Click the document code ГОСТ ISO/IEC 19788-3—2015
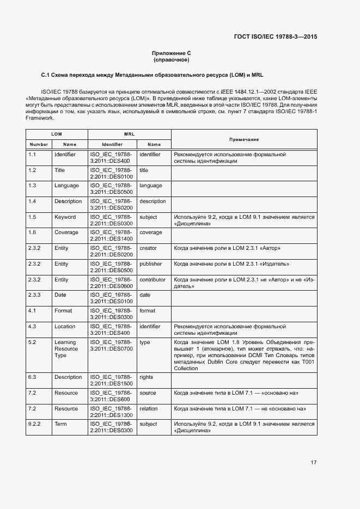point(276,37)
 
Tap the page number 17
point(313,463)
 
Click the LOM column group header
point(57,133)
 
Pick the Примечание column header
point(243,139)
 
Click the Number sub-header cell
point(39,144)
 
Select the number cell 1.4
point(32,201)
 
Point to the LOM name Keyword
point(65,217)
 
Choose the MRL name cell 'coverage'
point(151,232)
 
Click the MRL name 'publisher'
point(151,264)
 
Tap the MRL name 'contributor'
point(152,280)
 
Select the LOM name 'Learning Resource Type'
point(66,349)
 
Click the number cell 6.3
point(32,377)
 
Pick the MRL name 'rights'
point(147,377)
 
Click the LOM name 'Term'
point(60,424)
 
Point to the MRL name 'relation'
point(149,408)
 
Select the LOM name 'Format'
point(63,311)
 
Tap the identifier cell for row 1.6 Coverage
point(111,236)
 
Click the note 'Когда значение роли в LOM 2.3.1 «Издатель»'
point(231,264)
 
